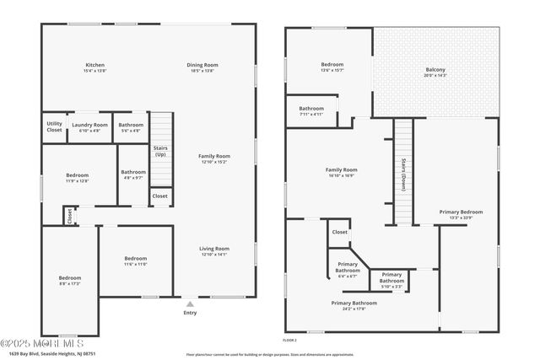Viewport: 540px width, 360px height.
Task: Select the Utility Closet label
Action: point(54,127)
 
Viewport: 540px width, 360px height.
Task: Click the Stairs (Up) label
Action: point(159,152)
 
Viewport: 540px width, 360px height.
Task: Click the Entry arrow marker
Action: point(190,304)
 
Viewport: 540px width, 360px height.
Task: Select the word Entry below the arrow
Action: point(190,314)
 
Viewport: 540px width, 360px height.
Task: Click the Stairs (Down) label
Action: point(404,174)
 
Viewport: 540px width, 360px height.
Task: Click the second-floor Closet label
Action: point(340,232)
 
